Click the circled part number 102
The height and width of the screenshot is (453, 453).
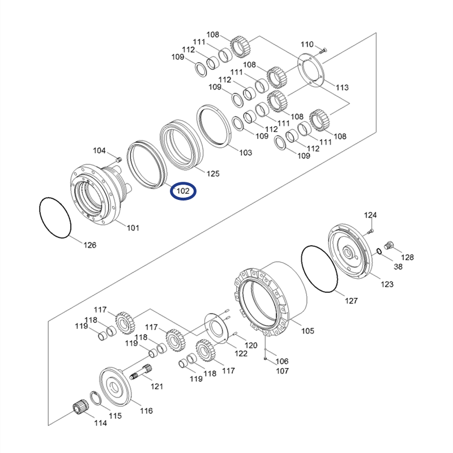click(183, 191)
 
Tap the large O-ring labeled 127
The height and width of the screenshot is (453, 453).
click(320, 269)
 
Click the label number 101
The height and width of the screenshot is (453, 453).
click(133, 228)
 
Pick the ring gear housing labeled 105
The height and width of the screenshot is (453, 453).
click(272, 297)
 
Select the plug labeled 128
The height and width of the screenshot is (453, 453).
click(388, 245)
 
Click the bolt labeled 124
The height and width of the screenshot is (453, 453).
click(371, 230)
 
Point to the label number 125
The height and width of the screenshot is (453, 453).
click(212, 173)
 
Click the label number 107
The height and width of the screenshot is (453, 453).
click(281, 371)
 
